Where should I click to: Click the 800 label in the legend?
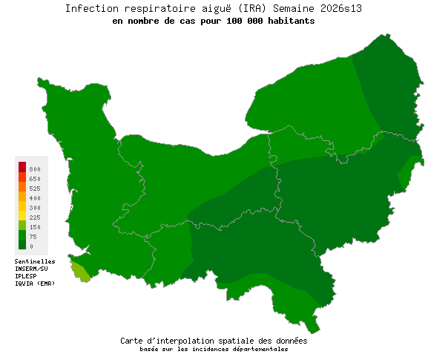pyautogui.click(x=35, y=170)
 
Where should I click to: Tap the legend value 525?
pyautogui.click(x=35, y=189)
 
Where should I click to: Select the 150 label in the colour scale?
pyautogui.click(x=35, y=227)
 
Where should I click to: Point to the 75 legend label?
pyautogui.click(x=33, y=237)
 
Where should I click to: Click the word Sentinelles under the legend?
pyautogui.click(x=35, y=261)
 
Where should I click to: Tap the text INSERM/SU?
pyautogui.click(x=32, y=268)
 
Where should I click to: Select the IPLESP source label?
pyautogui.click(x=26, y=275)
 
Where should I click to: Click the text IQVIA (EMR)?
pyautogui.click(x=35, y=283)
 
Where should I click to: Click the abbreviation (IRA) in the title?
pyautogui.click(x=251, y=8)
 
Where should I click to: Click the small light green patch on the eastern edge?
pyautogui.click(x=406, y=175)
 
